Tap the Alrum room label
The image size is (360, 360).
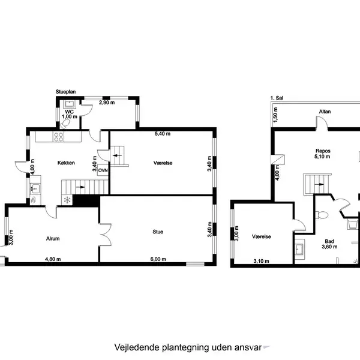click(x=52, y=239)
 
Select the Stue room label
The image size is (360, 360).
click(x=158, y=231)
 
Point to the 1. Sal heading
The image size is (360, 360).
click(x=276, y=98)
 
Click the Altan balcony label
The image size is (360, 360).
click(x=325, y=112)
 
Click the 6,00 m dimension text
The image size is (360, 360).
click(x=158, y=260)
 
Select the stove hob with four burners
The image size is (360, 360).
click(x=59, y=137)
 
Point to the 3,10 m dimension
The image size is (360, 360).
click(x=261, y=261)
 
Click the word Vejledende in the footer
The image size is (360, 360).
click(x=134, y=347)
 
